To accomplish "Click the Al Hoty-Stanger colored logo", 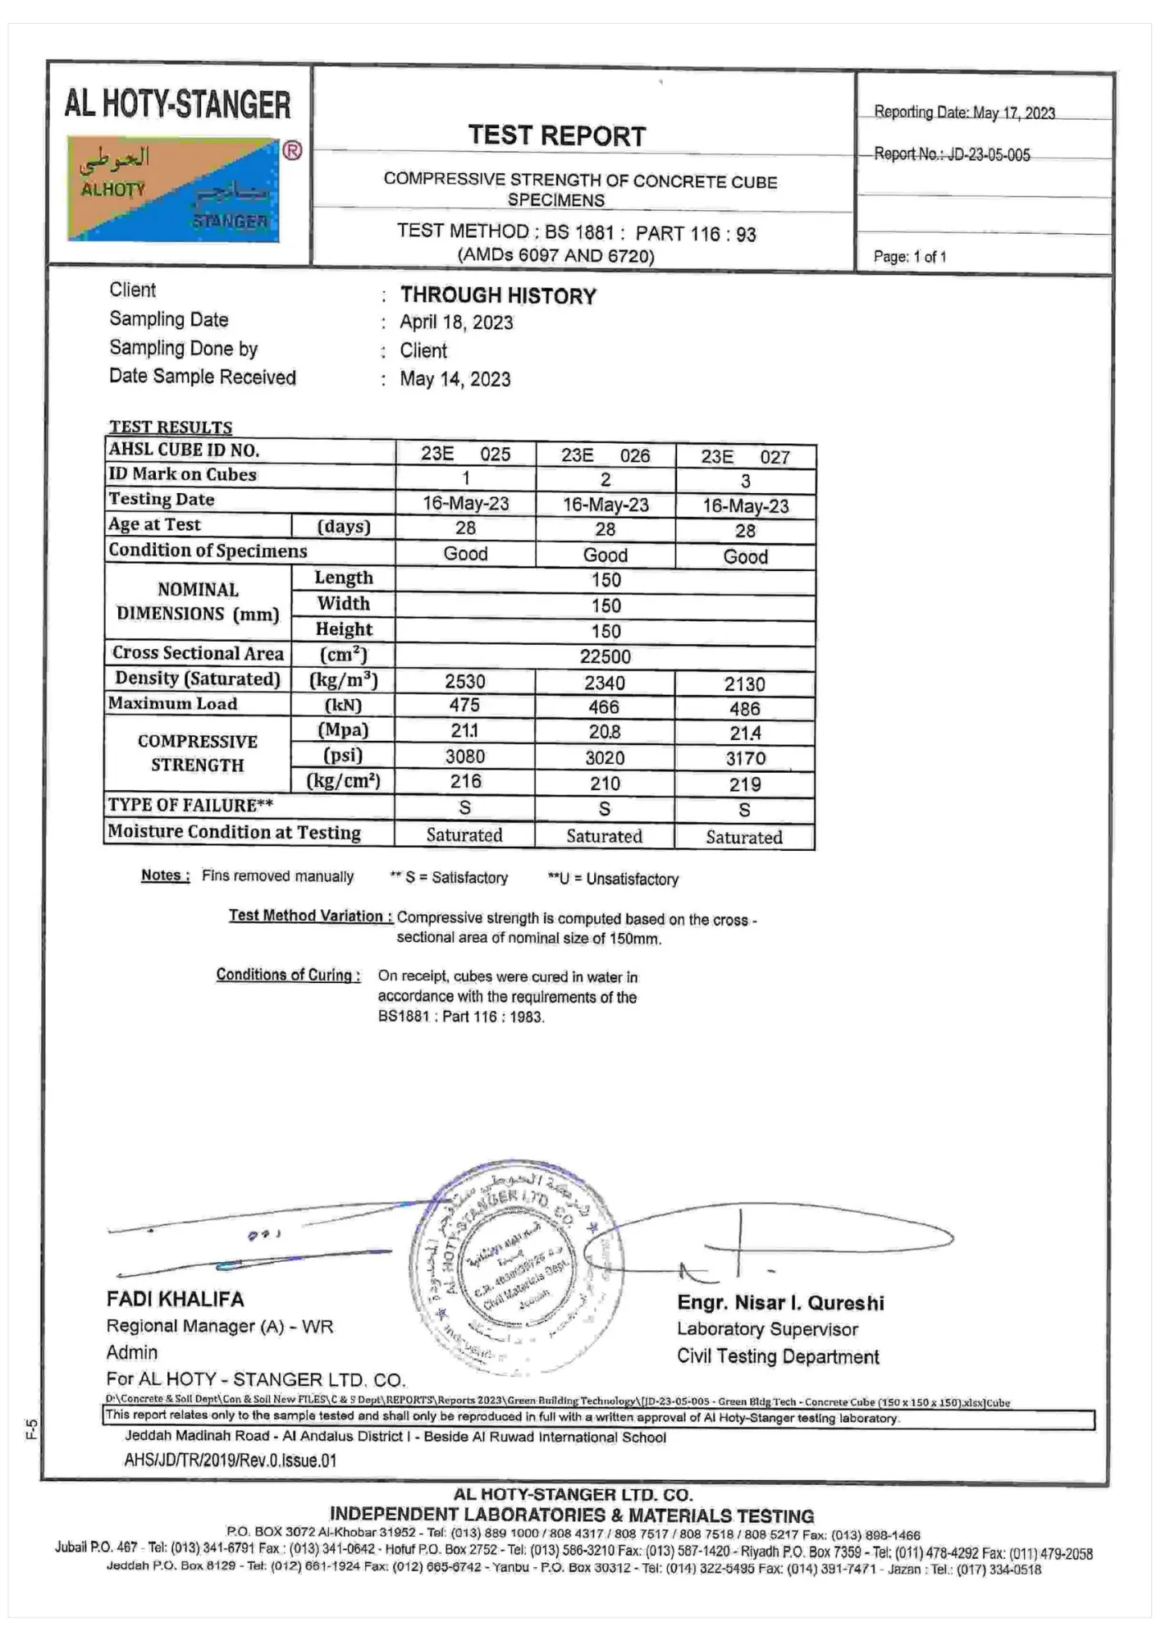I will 174,190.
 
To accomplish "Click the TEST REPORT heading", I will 557,136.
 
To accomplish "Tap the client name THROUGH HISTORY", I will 498,296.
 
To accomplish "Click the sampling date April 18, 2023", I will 456,323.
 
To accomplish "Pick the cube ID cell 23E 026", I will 606,456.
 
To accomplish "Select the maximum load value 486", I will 744,709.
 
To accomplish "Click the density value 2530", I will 465,682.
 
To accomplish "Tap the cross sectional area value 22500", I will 606,657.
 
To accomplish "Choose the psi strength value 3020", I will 605,758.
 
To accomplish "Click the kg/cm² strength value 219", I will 744,784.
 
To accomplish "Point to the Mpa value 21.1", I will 465,731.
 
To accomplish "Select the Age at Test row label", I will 155,525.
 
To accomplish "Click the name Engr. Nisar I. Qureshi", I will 780,1303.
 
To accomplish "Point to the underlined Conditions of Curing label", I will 288,975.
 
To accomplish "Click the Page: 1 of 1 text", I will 910,257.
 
